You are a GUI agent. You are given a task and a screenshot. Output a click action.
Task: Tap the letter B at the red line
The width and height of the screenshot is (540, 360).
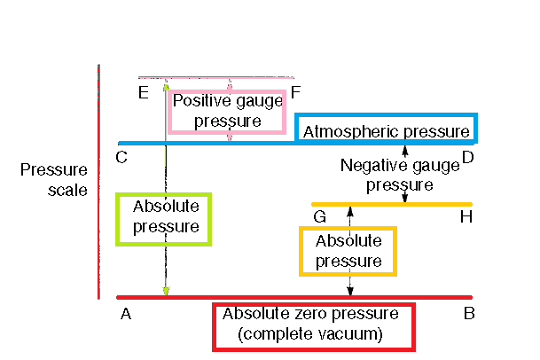click(x=469, y=313)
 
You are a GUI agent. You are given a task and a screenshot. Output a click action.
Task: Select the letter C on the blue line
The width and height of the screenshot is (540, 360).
click(x=121, y=158)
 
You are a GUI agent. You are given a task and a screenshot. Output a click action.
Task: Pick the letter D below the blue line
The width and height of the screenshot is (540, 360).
click(x=467, y=158)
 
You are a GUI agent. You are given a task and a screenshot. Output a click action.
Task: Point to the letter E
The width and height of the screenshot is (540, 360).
click(x=144, y=91)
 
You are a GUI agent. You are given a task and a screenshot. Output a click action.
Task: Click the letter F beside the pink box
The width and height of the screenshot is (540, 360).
click(x=295, y=91)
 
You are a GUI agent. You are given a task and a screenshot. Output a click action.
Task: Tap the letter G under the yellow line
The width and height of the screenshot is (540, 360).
click(x=319, y=216)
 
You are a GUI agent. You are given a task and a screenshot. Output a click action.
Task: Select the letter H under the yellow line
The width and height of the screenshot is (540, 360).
click(x=466, y=216)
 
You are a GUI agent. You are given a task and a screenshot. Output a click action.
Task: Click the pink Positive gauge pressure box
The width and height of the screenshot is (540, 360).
click(x=229, y=110)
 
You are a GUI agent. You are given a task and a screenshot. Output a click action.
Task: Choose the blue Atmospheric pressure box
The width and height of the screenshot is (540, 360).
click(x=386, y=129)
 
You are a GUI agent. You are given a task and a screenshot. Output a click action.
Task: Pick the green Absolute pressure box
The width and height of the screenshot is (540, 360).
click(x=165, y=217)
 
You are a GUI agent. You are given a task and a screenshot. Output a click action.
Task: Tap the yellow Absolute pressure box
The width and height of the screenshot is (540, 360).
click(x=348, y=251)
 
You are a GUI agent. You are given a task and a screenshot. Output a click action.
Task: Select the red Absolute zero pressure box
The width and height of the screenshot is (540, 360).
click(x=312, y=325)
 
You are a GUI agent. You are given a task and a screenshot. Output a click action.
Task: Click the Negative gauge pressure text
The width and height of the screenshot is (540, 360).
click(x=387, y=175)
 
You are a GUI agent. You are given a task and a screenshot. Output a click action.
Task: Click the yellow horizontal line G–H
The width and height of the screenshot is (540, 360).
click(x=390, y=204)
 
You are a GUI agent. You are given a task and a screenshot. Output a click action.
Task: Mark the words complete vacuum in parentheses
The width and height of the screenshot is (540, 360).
click(x=310, y=334)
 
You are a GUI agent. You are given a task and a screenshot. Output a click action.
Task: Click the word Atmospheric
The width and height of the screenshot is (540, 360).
click(x=352, y=131)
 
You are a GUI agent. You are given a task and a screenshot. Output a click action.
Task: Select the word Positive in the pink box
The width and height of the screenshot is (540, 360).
click(x=196, y=100)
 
